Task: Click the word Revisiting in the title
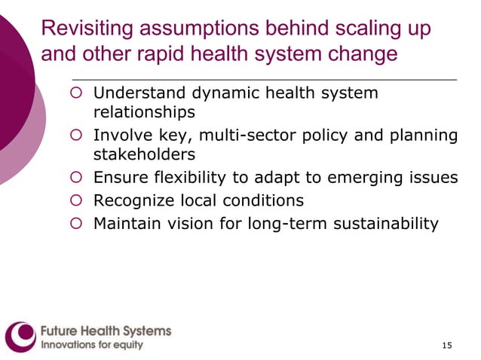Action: point(85,29)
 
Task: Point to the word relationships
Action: point(144,113)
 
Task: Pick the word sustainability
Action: point(388,223)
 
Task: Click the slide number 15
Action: point(447,345)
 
